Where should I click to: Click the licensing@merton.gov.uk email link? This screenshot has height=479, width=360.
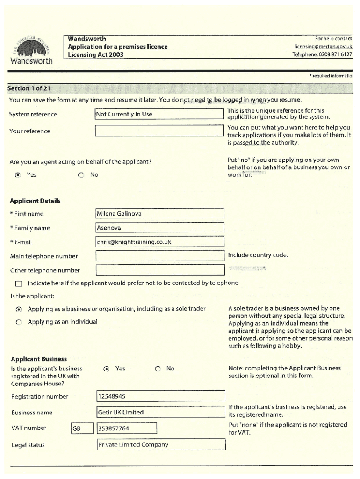pos(323,47)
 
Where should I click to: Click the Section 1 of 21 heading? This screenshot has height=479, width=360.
pos(29,88)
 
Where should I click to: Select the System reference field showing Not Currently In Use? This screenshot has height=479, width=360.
pos(159,114)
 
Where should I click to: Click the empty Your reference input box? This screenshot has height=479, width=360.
pos(159,131)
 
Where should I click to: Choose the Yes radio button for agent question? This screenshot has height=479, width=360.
pos(18,175)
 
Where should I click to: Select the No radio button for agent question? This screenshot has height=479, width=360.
pos(81,175)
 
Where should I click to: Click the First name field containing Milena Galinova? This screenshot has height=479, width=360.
pos(159,214)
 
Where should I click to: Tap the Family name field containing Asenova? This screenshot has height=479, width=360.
pos(159,228)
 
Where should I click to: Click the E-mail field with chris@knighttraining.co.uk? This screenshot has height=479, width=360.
pos(159,242)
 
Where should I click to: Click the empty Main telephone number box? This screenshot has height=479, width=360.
pos(159,256)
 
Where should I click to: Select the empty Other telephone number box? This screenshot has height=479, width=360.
pos(159,270)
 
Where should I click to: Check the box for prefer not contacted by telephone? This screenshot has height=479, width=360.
pos(19,283)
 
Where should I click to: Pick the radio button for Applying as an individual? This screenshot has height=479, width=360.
pos(19,322)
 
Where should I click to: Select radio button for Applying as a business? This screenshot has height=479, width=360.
pos(19,309)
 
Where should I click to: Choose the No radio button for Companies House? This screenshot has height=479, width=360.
pos(158,369)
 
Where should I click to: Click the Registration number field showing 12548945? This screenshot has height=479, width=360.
pos(160,397)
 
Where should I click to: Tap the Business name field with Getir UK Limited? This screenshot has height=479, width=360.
pos(160,413)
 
